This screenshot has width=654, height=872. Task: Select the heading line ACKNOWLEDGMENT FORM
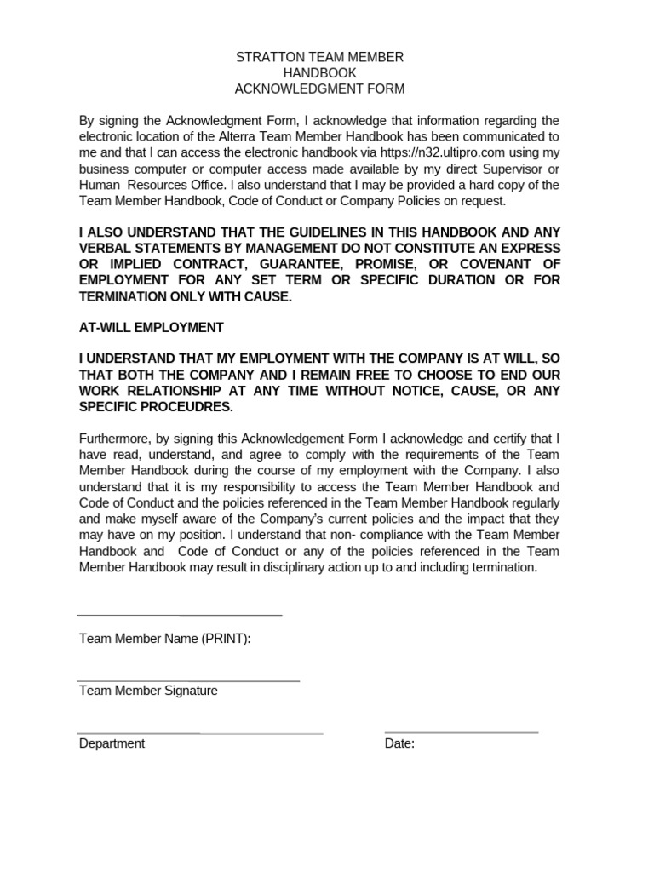click(x=320, y=89)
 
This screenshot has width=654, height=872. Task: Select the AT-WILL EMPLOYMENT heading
click(x=152, y=328)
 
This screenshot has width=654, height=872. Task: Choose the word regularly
click(x=526, y=503)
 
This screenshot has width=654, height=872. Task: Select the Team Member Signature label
click(x=148, y=691)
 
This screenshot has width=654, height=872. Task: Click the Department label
click(x=112, y=743)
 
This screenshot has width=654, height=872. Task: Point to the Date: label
click(x=399, y=743)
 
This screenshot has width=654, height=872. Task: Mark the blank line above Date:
click(x=461, y=731)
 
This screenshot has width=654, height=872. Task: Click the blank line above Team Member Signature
click(x=188, y=680)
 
